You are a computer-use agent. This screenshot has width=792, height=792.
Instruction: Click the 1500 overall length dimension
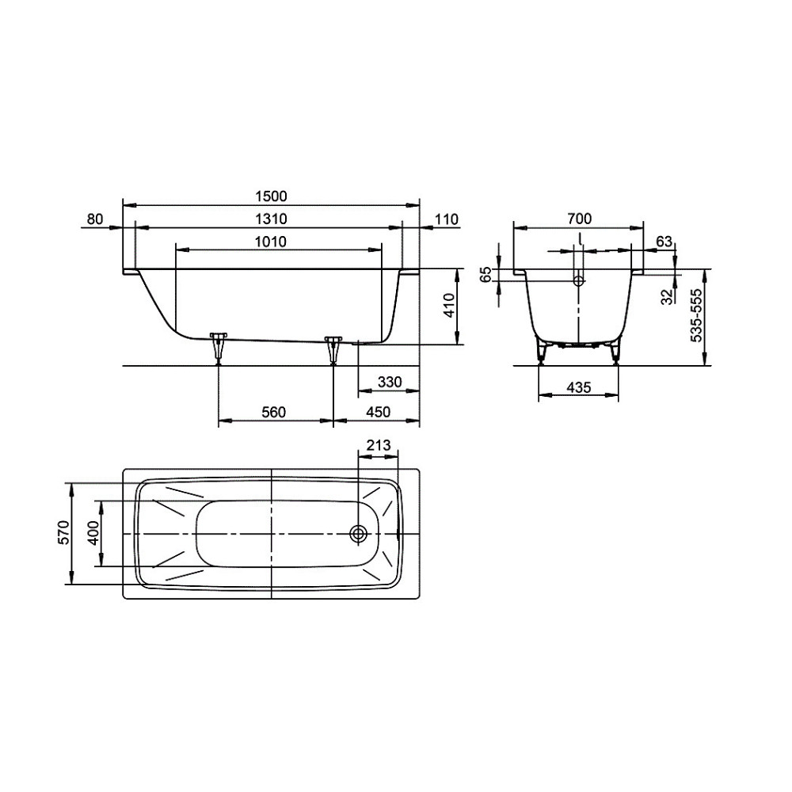(x=271, y=196)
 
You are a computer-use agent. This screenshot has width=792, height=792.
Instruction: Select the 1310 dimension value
(x=271, y=219)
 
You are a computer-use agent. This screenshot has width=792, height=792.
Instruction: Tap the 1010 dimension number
(x=271, y=242)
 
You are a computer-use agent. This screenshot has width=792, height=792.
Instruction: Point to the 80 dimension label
(x=95, y=219)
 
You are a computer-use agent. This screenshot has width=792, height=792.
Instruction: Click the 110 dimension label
(x=447, y=219)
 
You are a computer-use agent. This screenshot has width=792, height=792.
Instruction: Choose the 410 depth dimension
(x=449, y=305)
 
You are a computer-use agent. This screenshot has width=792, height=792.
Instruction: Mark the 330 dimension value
(x=390, y=382)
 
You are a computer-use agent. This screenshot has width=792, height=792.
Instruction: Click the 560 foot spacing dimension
(x=274, y=412)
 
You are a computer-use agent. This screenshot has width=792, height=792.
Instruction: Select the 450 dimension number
(x=379, y=412)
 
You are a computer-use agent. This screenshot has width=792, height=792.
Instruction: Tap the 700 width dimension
(x=579, y=219)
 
